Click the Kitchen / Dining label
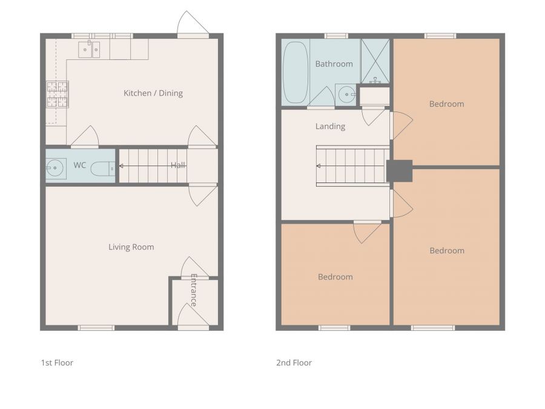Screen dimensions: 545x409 point(153,93)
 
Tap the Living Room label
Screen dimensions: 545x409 point(131,247)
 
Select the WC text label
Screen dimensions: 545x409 point(79,165)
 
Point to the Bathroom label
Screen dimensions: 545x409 point(334,64)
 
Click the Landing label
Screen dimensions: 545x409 point(330,127)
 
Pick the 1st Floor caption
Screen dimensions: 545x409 point(57,363)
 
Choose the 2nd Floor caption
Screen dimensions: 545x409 point(294,363)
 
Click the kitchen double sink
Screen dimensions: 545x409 point(90,50)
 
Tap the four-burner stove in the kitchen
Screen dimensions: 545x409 point(58,95)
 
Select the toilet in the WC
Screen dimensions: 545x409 point(103,169)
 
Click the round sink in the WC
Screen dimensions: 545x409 point(56,168)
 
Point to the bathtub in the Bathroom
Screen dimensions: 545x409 point(296,73)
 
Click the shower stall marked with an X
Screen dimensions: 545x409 point(375,61)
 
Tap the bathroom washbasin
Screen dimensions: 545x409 point(346,95)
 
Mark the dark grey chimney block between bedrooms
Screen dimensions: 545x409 point(400,171)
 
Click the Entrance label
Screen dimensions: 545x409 point(194,290)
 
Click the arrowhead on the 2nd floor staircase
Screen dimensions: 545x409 point(318,166)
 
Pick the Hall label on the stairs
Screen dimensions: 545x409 point(178,165)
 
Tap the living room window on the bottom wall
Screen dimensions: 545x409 point(96,328)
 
